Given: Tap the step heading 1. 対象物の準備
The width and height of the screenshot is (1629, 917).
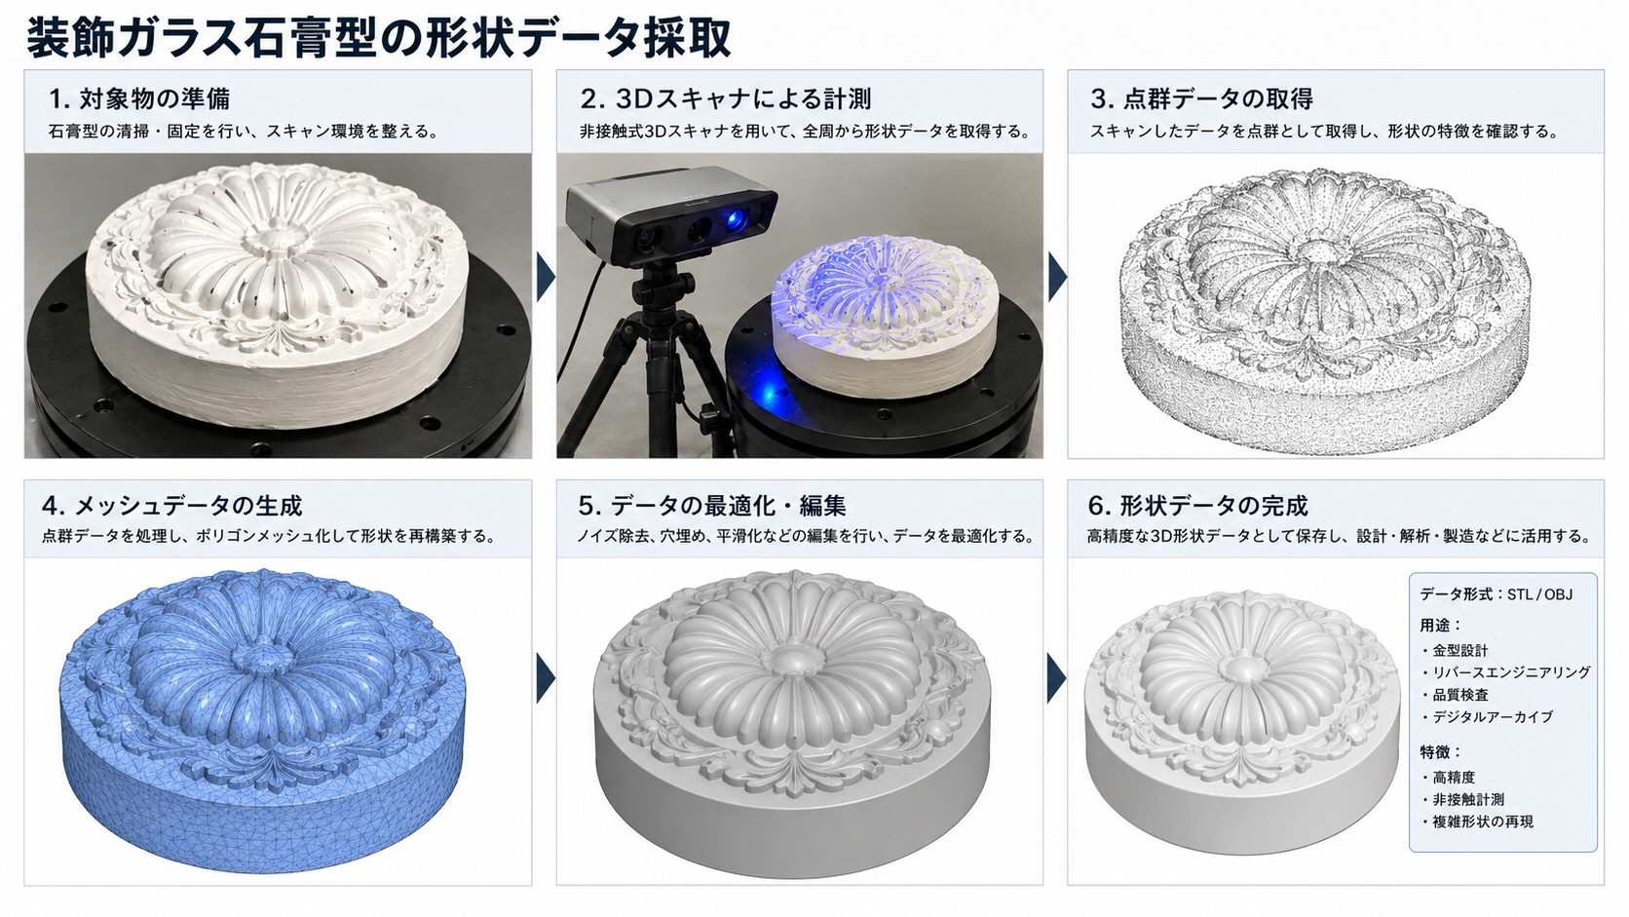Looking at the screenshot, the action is pos(139,98).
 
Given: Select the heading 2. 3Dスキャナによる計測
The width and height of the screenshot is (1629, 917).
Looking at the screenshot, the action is pos(726,98).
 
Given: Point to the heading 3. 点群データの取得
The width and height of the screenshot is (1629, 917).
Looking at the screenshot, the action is pos(1201,98).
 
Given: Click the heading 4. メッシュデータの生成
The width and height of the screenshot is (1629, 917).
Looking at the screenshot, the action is pos(172,505).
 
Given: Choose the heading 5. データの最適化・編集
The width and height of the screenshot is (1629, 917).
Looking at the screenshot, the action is pos(712,505).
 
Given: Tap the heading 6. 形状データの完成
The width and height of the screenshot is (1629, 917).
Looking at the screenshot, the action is pos(1197,505).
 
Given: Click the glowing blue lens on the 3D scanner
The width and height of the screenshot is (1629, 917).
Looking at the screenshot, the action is pos(739,217).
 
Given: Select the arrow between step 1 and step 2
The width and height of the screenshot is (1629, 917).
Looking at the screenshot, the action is pos(546,277).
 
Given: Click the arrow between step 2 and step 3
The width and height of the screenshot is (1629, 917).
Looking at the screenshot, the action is pos(1057,277).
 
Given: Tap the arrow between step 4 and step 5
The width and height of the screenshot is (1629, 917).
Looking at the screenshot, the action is pos(546,677).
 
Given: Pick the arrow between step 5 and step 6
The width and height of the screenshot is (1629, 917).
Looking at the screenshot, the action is pos(1057,677).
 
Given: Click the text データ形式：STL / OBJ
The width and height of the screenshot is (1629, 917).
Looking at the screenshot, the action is pos(1496,594).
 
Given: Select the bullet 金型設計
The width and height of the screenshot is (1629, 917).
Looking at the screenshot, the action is pos(1450,650).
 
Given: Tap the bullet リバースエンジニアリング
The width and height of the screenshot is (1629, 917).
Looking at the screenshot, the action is pos(1505,672).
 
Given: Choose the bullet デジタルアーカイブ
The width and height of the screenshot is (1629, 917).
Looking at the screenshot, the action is pos(1487,716).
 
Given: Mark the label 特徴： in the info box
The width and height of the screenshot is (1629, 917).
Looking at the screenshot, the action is pos(1441,751).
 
